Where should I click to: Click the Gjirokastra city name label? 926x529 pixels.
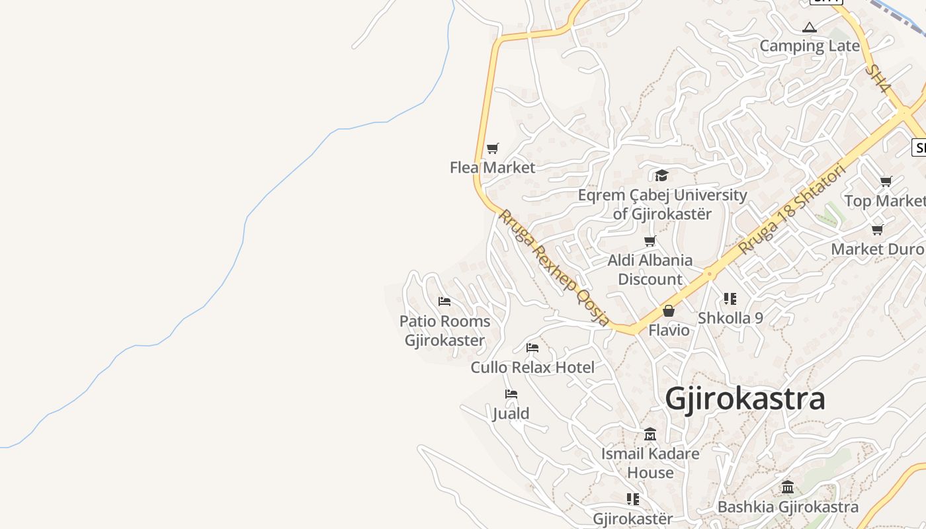coord(745,399)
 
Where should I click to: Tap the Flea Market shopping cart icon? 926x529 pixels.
coord(492,148)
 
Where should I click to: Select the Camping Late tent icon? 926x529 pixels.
coord(809,27)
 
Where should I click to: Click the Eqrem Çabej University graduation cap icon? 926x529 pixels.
coord(661,175)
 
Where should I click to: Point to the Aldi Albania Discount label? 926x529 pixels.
coord(650,270)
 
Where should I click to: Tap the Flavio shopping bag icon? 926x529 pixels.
coord(669,311)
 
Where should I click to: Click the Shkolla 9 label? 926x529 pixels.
coord(730,318)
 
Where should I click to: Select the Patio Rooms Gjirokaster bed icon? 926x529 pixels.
coord(444,302)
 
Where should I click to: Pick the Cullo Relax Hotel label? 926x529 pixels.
coord(532,367)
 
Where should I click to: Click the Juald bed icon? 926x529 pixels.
coord(511,394)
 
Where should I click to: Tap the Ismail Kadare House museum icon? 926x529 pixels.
coord(650,434)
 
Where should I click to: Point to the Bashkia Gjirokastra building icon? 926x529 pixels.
coord(788,487)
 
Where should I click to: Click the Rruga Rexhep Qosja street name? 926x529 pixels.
coord(554,268)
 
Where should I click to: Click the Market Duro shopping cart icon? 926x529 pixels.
coord(877,230)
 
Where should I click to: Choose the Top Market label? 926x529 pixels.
coord(884,200)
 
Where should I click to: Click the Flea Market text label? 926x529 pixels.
coord(492,167)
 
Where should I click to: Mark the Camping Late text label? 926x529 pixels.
coord(809,46)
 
